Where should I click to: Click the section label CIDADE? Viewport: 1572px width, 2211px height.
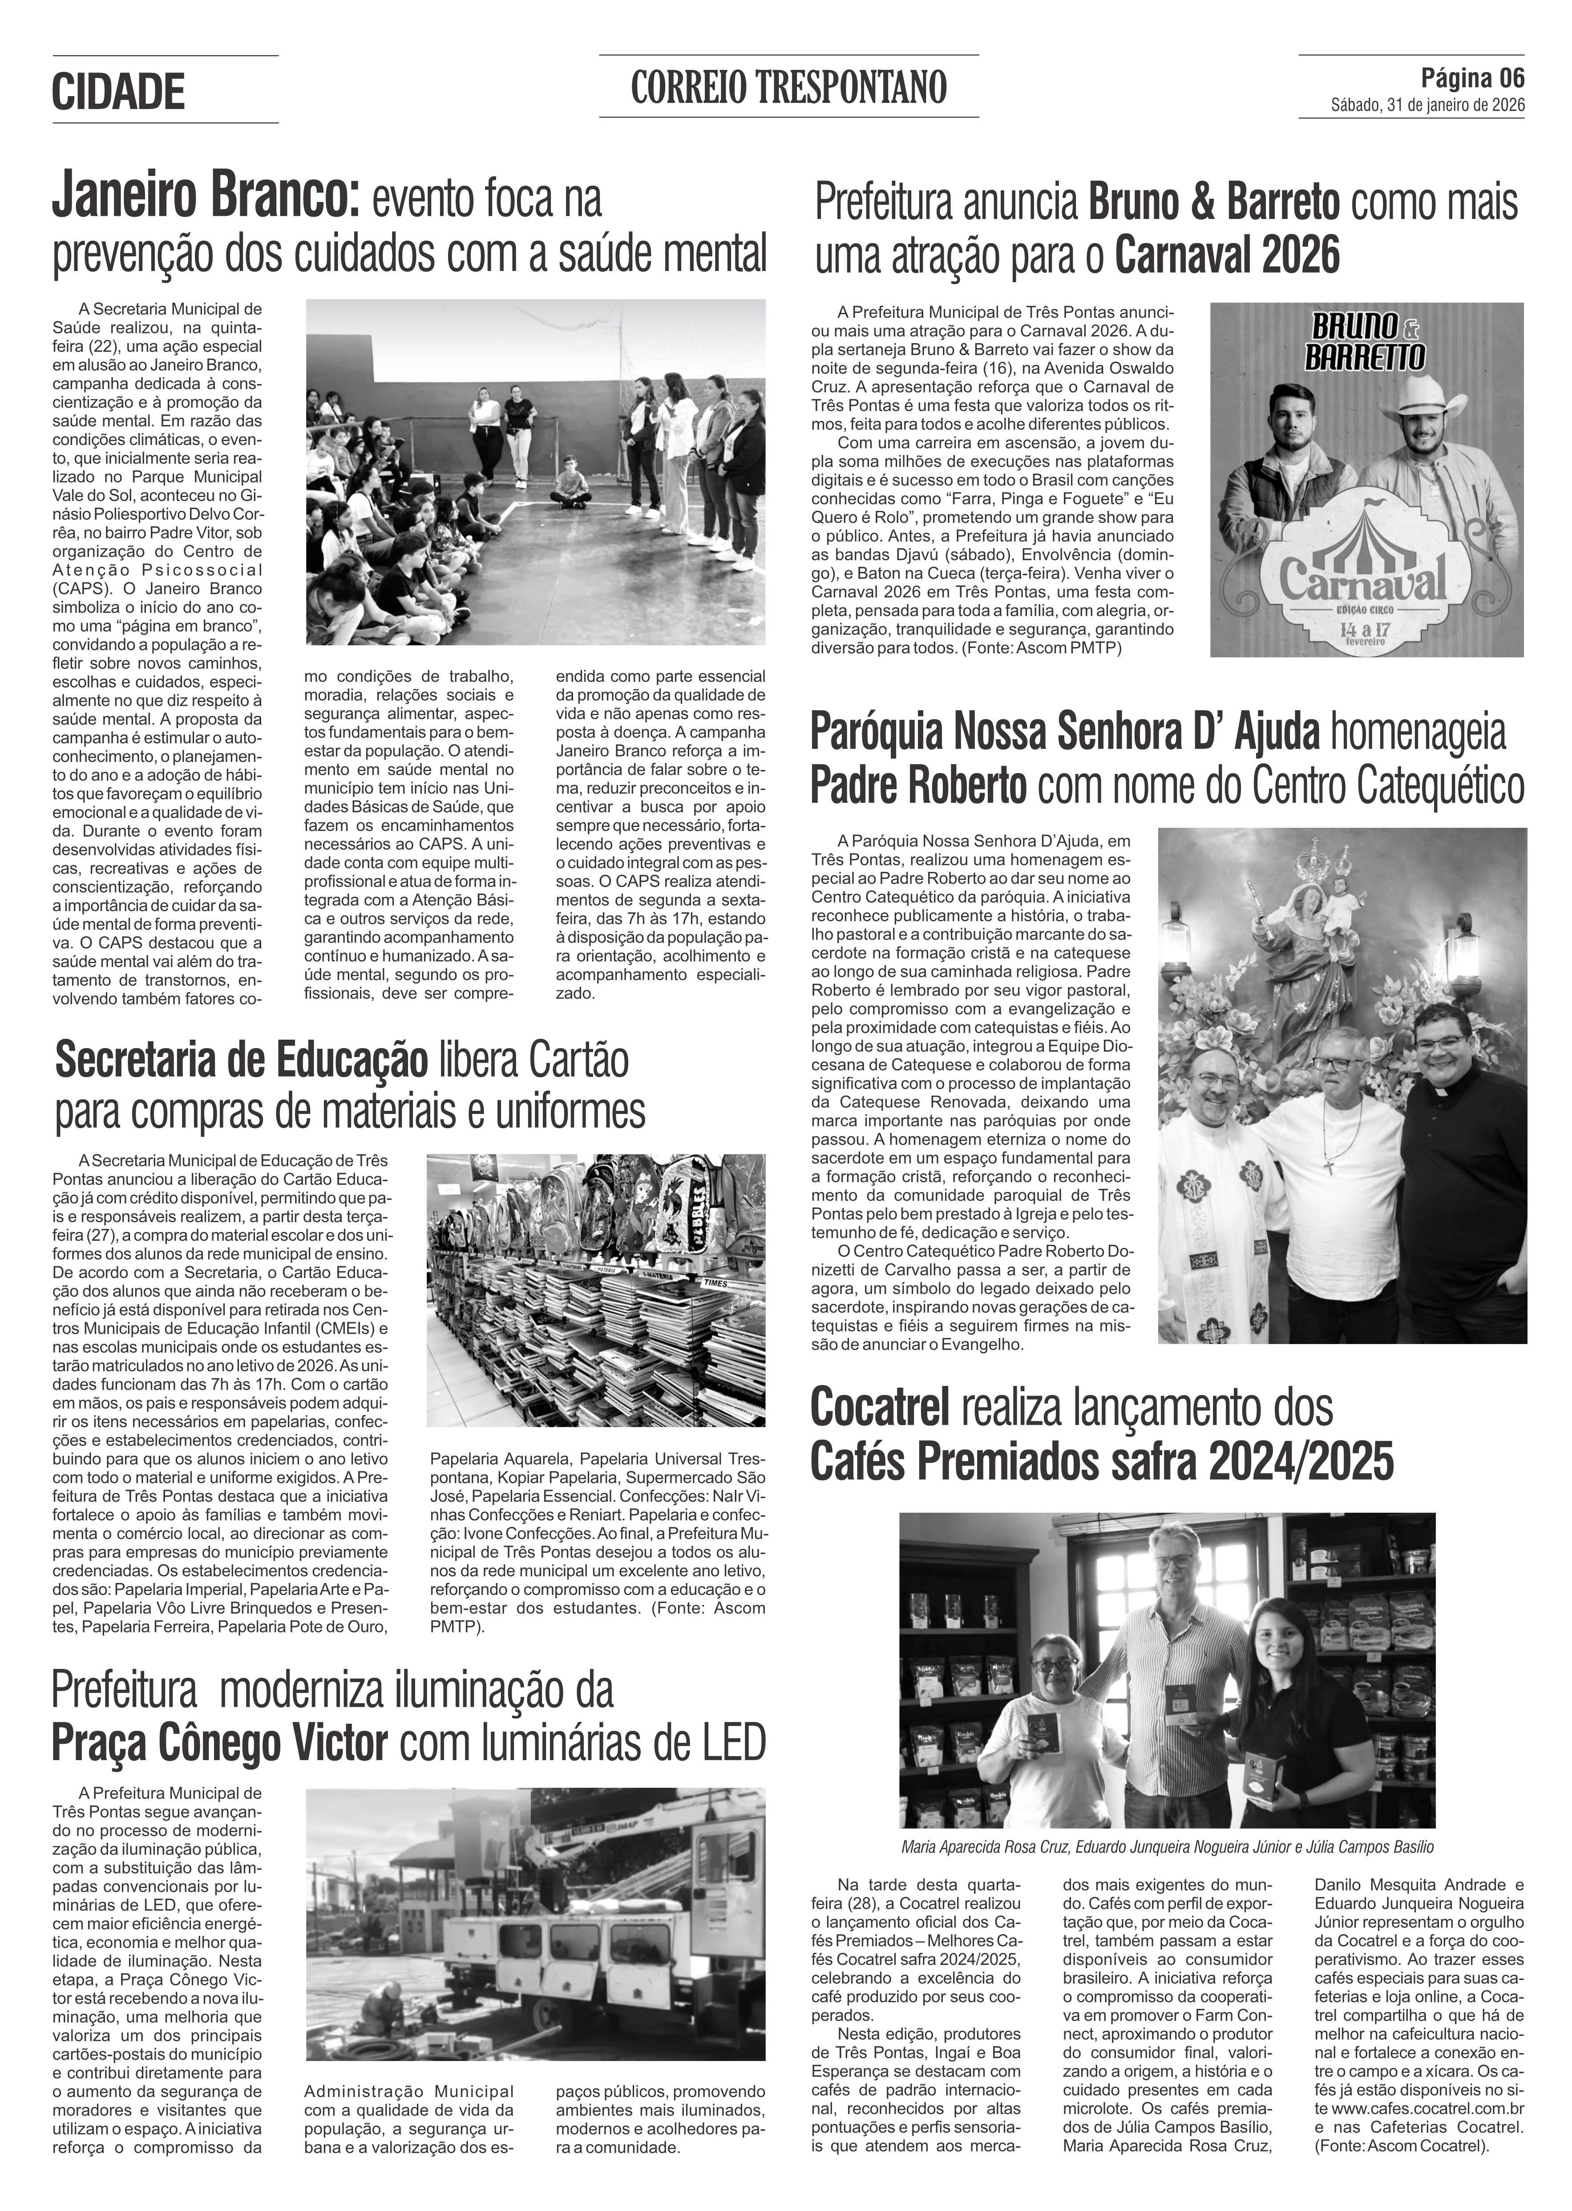[118, 92]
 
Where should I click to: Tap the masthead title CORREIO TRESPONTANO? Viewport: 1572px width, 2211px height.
[788, 88]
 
